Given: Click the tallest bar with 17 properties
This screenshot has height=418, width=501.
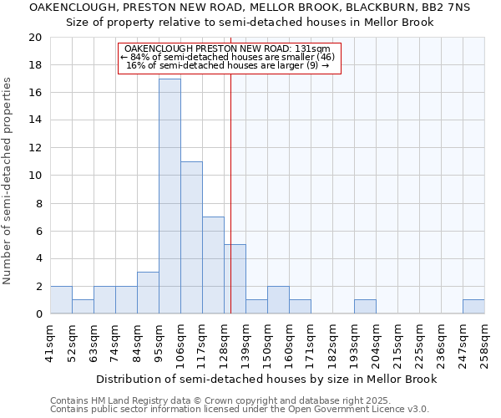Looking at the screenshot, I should (x=170, y=196).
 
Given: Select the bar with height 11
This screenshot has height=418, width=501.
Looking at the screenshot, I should (x=191, y=237).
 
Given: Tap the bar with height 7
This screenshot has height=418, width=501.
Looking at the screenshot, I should (x=213, y=265).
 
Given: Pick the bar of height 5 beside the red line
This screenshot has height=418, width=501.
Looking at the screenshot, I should (x=235, y=279).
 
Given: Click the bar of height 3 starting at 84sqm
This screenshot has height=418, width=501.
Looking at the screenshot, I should (x=148, y=293).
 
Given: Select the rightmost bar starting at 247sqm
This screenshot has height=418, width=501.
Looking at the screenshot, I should (x=473, y=307).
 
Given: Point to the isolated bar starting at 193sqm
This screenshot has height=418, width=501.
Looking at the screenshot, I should (x=365, y=307).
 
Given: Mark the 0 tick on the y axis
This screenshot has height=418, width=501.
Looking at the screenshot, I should (x=38, y=314).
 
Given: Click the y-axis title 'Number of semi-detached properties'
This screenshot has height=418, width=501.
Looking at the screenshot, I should (x=8, y=181).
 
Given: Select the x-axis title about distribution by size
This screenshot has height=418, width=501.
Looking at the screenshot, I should (x=266, y=379).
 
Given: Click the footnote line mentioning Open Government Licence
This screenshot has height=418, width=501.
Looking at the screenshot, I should (x=240, y=410).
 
